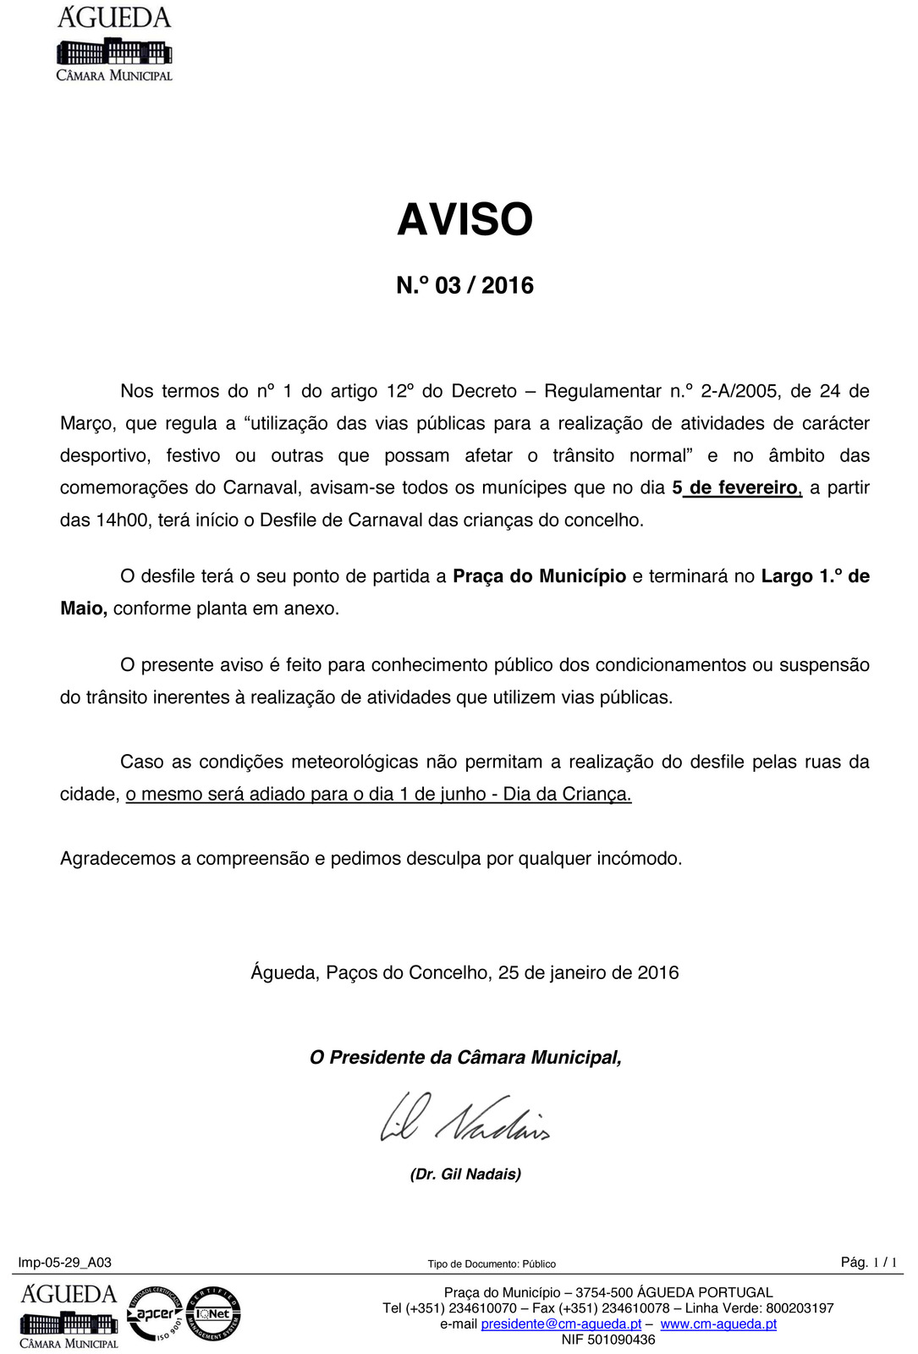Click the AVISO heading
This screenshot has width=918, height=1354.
coord(464,220)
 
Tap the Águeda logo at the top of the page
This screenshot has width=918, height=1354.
coord(114,43)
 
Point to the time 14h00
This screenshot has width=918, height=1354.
coord(124,520)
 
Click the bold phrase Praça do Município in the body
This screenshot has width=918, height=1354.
coord(539,577)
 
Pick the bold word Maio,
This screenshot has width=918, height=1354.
coord(84,609)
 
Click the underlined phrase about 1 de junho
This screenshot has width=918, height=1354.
coord(378,795)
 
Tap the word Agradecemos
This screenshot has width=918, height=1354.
coord(118,859)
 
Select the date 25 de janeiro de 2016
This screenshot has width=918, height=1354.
coord(588,973)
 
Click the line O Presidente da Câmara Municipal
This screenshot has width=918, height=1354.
coord(465,1058)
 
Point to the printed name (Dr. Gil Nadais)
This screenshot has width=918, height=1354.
coord(465,1175)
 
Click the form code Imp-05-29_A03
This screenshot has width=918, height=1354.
coord(65,1263)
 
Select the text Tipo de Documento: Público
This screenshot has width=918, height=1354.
coord(492,1264)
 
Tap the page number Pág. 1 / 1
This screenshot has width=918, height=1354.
coord(868,1263)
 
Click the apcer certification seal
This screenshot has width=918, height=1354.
coord(154,1313)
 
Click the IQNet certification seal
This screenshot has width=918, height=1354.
coord(213,1313)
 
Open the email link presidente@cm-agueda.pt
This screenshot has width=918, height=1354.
coord(561,1324)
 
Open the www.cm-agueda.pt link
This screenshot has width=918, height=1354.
coord(718,1324)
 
